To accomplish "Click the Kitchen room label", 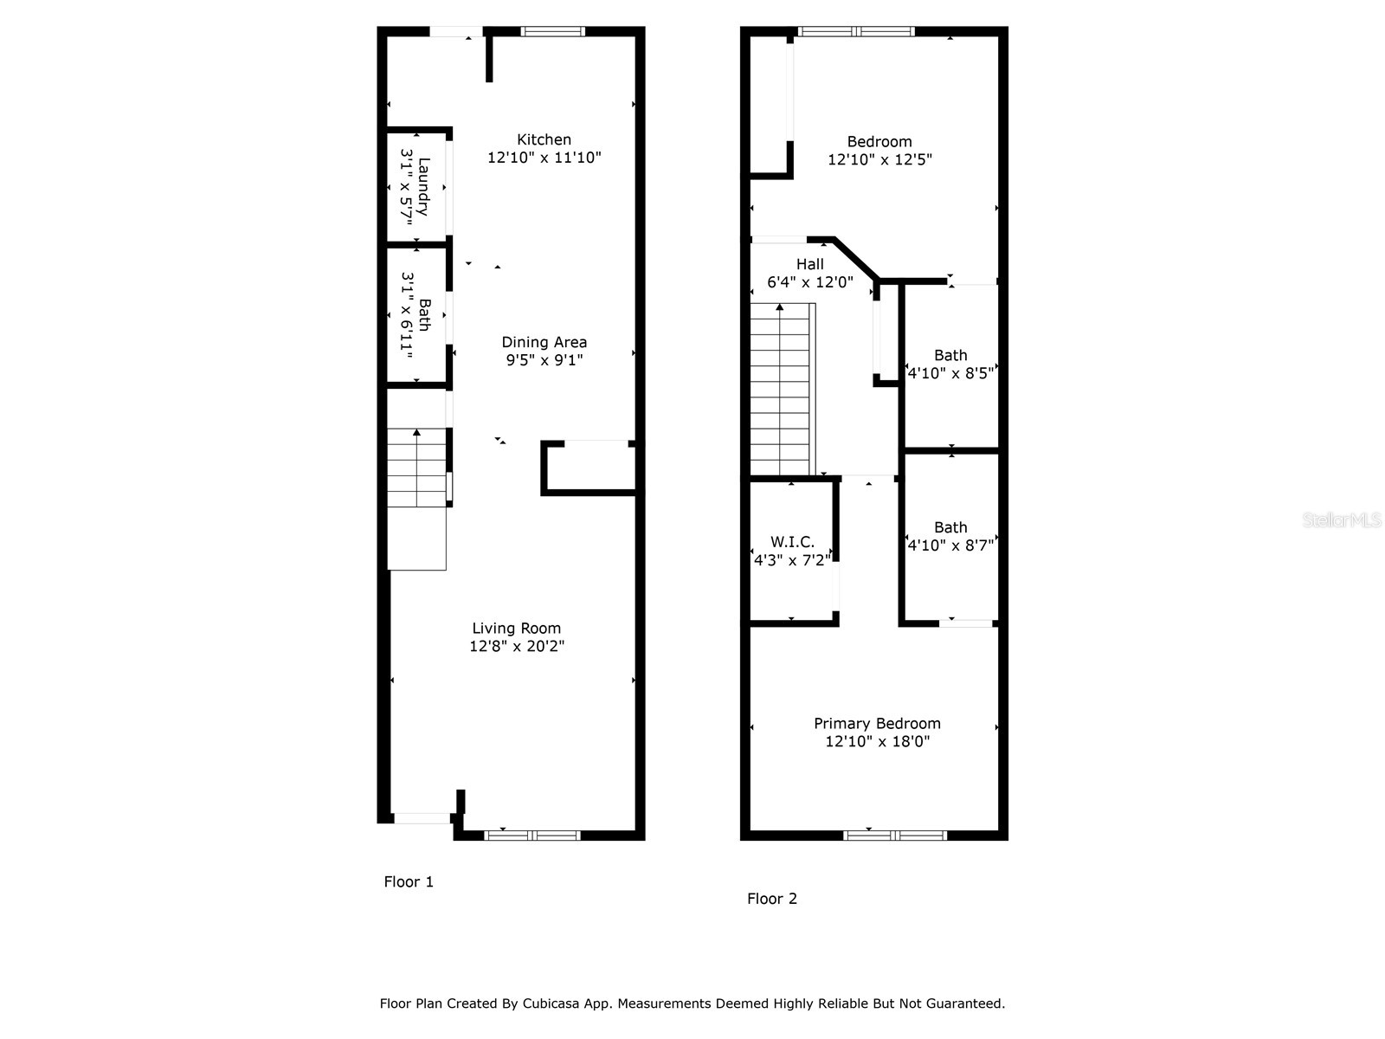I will [544, 139].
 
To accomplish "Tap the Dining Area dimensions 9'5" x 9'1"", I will [544, 360].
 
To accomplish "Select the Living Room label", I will [516, 629].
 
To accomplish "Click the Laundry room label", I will [423, 186].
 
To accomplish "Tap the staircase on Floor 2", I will [781, 390].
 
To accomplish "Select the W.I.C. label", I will [792, 542].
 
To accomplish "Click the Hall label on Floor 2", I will [809, 264].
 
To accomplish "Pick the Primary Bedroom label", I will [877, 724].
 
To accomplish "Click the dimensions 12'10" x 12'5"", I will [879, 159].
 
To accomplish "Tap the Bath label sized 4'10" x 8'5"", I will [950, 355].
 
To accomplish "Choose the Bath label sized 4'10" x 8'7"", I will [950, 527].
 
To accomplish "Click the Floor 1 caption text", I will [409, 881].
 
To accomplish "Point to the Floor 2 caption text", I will [771, 899].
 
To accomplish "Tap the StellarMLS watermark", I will [1341, 520].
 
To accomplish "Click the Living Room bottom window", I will [531, 836].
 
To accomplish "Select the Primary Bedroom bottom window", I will [895, 836].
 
